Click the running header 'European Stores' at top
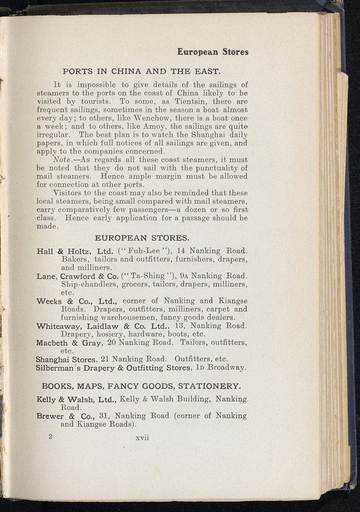[x=213, y=51]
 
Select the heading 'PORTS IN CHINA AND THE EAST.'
[x=141, y=71]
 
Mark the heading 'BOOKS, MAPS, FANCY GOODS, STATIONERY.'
[x=141, y=385]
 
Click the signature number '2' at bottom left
[x=51, y=436]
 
